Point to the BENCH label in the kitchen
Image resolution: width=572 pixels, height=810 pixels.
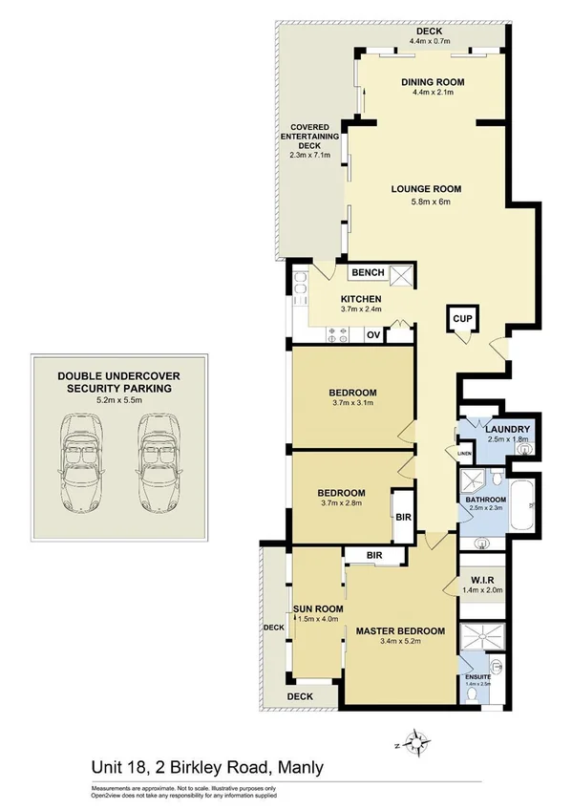point(368,273)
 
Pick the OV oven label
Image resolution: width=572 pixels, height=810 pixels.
point(373,334)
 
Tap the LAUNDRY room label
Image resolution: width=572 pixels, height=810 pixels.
point(506,430)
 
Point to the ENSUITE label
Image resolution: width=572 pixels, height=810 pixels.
point(475,680)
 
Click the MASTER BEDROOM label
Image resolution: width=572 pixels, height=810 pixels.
point(400,631)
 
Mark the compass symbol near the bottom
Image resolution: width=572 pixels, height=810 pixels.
point(416,742)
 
